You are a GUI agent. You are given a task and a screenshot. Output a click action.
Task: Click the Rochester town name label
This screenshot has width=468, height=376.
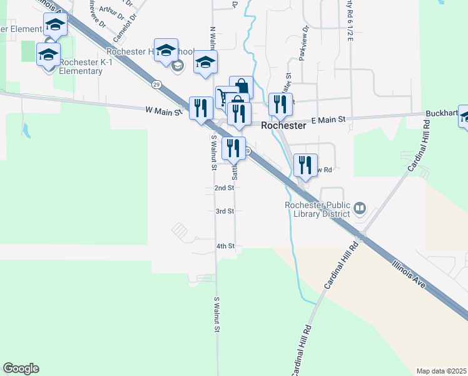[283, 125]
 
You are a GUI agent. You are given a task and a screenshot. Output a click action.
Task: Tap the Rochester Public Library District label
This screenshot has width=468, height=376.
[317, 209]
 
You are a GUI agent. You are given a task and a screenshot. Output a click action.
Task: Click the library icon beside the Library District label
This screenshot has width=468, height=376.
[360, 207]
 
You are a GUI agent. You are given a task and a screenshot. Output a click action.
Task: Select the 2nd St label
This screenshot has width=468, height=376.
[224, 187]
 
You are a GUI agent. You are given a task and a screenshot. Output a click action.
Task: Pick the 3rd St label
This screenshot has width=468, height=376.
[225, 212]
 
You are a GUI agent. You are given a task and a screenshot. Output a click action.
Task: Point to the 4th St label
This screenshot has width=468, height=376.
[225, 246]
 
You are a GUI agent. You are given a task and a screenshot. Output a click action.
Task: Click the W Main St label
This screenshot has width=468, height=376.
[163, 110]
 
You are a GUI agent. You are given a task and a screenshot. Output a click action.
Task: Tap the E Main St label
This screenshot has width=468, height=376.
[328, 119]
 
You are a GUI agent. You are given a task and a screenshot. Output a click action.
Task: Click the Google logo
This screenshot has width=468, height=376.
[21, 368]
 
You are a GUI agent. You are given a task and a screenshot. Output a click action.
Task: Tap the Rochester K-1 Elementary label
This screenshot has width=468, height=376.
[80, 66]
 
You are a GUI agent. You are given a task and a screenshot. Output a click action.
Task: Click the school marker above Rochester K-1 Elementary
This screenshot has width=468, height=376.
[48, 54]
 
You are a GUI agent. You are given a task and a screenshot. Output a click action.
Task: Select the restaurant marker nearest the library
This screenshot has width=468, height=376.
[305, 165]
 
